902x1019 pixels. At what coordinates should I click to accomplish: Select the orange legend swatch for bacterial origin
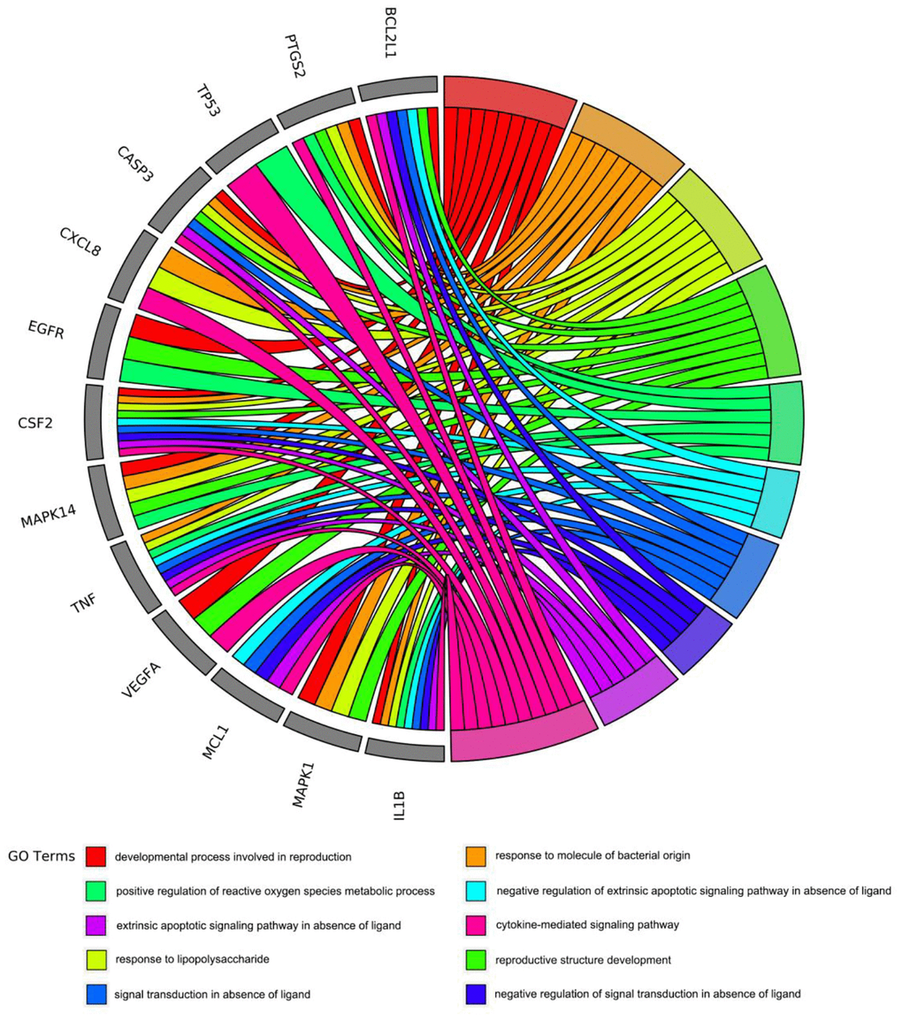pyautogui.click(x=477, y=855)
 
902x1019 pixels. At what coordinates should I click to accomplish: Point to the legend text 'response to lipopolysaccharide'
pyautogui.click(x=192, y=959)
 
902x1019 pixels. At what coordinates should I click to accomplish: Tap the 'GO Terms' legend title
pyautogui.click(x=42, y=855)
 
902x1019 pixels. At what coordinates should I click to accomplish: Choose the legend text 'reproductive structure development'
pyautogui.click(x=583, y=959)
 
